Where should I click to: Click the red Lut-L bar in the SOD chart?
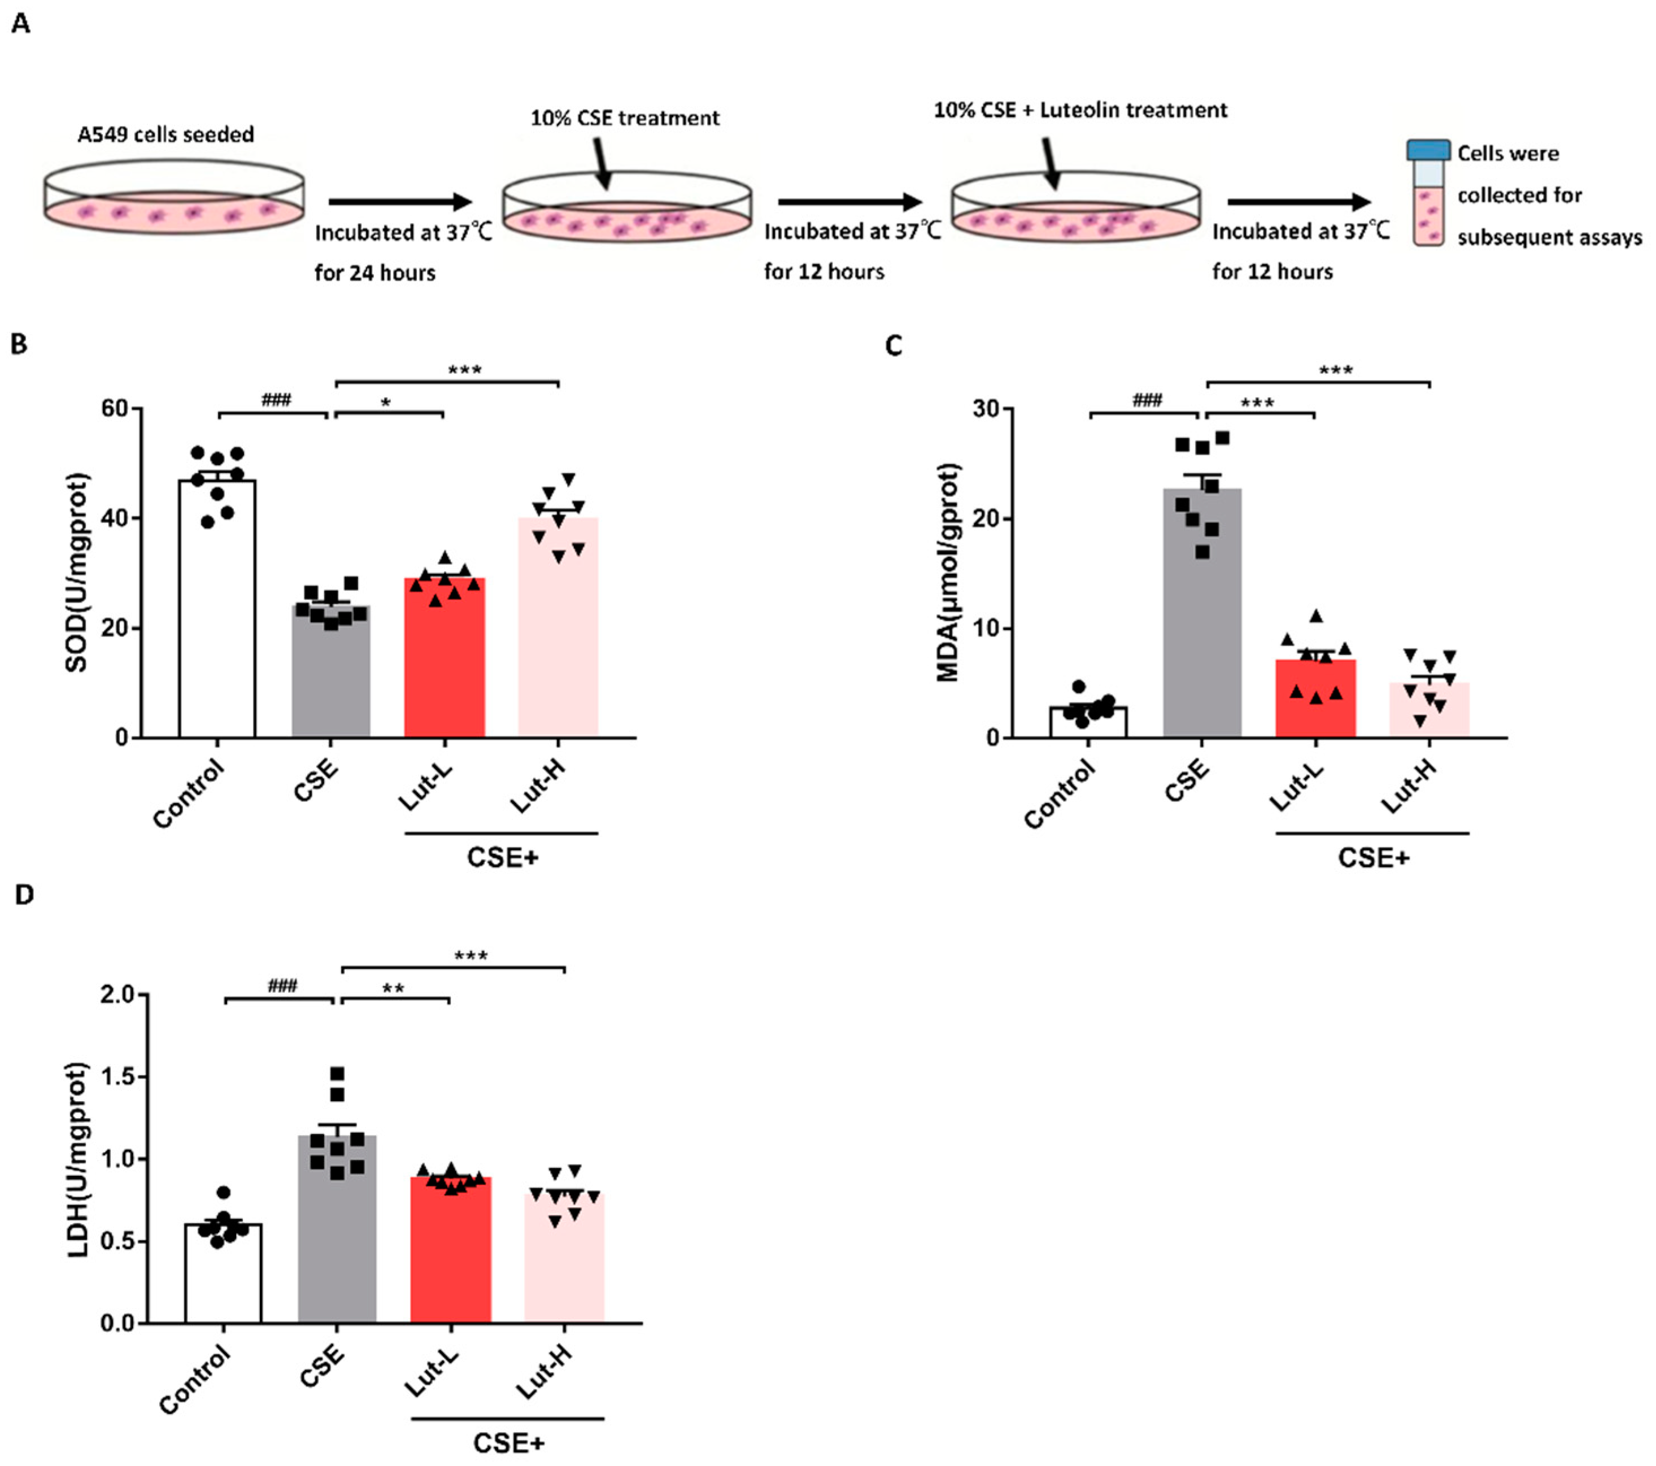pyautogui.click(x=444, y=664)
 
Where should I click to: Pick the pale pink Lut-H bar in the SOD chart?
pyautogui.click(x=557, y=640)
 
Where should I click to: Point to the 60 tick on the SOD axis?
pyautogui.click(x=115, y=408)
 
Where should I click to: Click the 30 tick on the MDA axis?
pyautogui.click(x=986, y=408)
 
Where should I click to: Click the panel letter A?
pyautogui.click(x=21, y=24)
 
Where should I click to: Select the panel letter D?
pyautogui.click(x=24, y=895)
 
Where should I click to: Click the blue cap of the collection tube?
pyautogui.click(x=1427, y=150)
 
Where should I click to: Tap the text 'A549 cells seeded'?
pyautogui.click(x=165, y=134)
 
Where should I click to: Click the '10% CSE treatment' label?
pyautogui.click(x=625, y=118)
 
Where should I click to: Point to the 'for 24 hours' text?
pyautogui.click(x=374, y=272)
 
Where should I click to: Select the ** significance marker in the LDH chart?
pyautogui.click(x=394, y=989)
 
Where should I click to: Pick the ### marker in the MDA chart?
pyautogui.click(x=1147, y=400)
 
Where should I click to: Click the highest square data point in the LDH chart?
pyautogui.click(x=337, y=1074)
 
